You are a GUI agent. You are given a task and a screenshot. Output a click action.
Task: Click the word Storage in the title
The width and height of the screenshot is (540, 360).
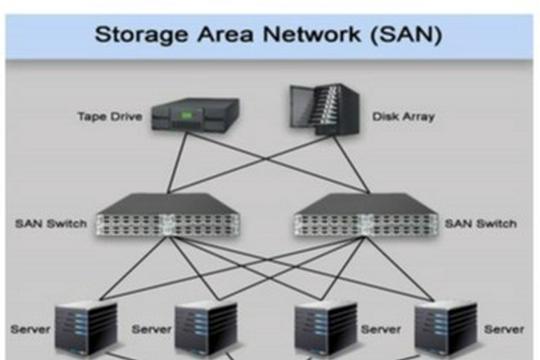[x=142, y=35]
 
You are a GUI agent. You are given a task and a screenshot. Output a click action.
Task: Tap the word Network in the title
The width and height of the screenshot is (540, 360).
[x=312, y=34]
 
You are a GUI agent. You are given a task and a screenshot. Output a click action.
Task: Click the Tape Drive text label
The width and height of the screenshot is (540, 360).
[x=110, y=116]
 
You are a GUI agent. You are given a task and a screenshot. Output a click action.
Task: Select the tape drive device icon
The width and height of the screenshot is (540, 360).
[x=195, y=115]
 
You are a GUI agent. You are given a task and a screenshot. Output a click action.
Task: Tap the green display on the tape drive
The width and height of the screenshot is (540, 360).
[x=186, y=115]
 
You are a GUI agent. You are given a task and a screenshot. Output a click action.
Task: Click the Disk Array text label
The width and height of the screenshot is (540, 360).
[x=403, y=117]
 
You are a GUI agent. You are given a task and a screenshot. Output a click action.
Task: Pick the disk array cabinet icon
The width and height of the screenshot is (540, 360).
[x=325, y=109]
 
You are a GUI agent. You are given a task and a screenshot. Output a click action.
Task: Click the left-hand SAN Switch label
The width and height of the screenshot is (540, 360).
[x=51, y=224]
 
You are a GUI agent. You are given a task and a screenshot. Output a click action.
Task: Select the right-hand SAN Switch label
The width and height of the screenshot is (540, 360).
[x=481, y=224]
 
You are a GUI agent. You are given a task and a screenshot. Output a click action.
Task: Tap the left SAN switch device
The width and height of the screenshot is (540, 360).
[x=168, y=215]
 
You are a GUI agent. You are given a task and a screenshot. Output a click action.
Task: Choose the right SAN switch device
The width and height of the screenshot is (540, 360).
[x=366, y=215]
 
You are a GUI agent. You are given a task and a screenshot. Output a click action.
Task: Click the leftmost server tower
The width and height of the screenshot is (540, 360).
[x=86, y=328]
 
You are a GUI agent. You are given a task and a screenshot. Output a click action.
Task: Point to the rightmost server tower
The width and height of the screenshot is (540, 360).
[x=446, y=328]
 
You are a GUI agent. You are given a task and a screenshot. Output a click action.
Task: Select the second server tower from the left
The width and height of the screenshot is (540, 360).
[x=206, y=328]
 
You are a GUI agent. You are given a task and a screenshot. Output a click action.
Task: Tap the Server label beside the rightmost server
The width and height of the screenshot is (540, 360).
[x=504, y=330]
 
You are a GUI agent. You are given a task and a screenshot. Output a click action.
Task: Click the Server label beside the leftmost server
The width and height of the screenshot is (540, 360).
[x=30, y=330]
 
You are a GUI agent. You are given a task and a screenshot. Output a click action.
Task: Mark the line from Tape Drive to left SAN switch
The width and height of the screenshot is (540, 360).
[x=177, y=163]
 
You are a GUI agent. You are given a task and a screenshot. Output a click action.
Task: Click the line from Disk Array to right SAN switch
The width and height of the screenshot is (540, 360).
[x=352, y=165]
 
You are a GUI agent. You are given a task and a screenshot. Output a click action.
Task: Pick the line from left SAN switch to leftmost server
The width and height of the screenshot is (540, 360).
[x=134, y=268]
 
